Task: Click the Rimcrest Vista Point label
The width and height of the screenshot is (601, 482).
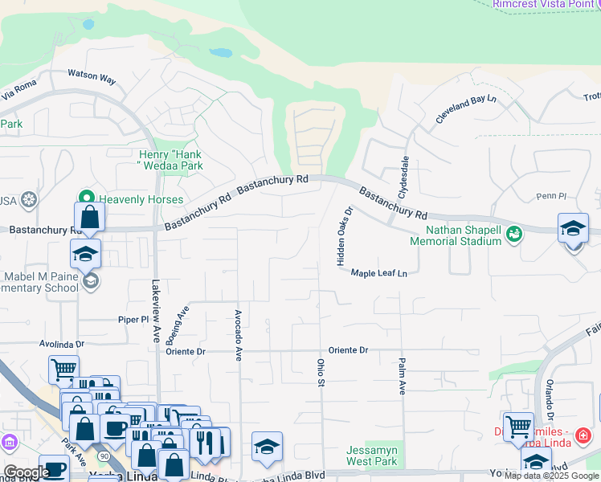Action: pyautogui.click(x=546, y=4)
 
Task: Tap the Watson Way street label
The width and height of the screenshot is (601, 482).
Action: pyautogui.click(x=92, y=77)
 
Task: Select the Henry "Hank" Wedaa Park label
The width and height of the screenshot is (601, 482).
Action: pyautogui.click(x=170, y=160)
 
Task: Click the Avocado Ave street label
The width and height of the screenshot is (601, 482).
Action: pyautogui.click(x=238, y=335)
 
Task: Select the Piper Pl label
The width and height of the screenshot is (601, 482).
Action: pyautogui.click(x=134, y=319)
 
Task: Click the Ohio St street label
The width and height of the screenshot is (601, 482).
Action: pyautogui.click(x=319, y=372)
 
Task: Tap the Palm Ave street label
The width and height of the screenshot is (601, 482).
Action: pyautogui.click(x=402, y=376)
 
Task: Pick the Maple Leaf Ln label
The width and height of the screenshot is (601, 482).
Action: pyautogui.click(x=379, y=273)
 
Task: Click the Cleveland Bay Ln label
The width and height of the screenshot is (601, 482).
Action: pyautogui.click(x=467, y=109)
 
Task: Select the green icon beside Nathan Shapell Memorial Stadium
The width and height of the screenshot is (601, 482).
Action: pyautogui.click(x=514, y=234)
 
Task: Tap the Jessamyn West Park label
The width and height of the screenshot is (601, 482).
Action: pyautogui.click(x=372, y=455)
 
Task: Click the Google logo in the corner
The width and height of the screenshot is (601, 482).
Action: pyautogui.click(x=26, y=472)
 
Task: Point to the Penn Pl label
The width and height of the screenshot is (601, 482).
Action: pyautogui.click(x=551, y=196)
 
